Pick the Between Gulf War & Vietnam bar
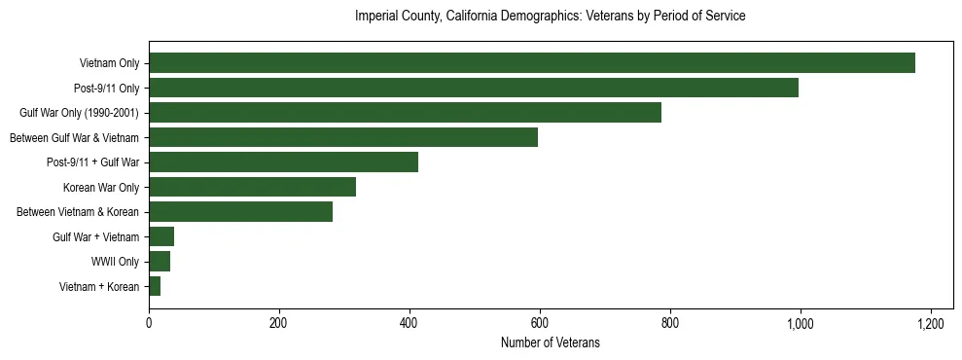tap(342, 137)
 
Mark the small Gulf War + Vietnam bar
tap(161, 236)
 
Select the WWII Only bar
tap(160, 261)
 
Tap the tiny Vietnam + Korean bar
tap(155, 286)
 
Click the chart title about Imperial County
tap(550, 17)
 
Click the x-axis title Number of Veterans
tap(550, 343)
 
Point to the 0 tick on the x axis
tap(149, 323)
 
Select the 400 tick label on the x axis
tap(410, 323)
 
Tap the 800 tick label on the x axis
tap(670, 323)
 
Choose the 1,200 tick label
tap(931, 323)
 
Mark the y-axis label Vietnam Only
tap(109, 63)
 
